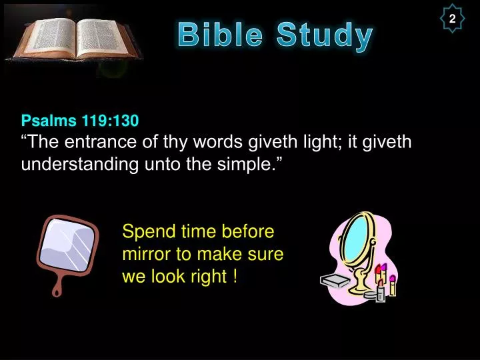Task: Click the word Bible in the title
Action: point(220,35)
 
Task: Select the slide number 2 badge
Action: point(453,19)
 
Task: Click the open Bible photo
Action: point(74,39)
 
